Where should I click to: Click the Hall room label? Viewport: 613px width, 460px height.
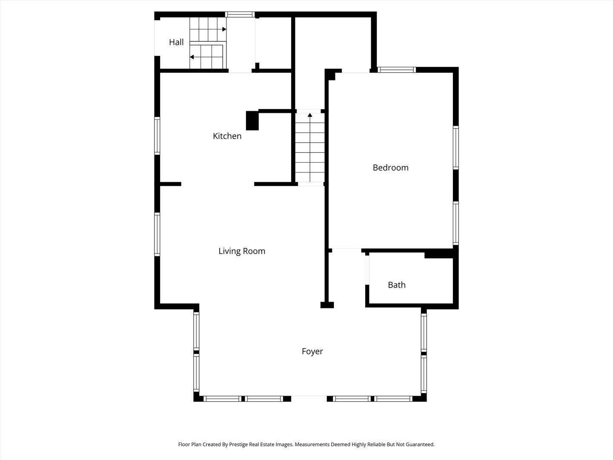coord(176,42)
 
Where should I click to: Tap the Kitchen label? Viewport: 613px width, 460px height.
coord(227,136)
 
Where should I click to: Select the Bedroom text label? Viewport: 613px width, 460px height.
coord(390,167)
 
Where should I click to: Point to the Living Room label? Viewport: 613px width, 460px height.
coord(242,251)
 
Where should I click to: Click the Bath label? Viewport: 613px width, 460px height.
coord(397,285)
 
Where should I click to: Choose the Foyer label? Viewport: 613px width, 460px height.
coord(312,351)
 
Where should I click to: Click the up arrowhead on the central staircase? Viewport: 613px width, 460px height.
coord(310,115)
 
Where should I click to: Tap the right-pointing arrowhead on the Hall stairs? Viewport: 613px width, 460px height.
coord(224,29)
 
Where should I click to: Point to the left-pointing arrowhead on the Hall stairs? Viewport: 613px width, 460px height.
coord(192,57)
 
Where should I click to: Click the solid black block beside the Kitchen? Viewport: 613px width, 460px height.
coord(252,121)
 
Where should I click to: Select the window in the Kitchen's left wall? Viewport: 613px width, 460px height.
coord(157,136)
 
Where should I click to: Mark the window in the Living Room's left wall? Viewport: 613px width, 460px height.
coord(157,234)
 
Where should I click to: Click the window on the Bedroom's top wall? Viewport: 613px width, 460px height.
coord(397,70)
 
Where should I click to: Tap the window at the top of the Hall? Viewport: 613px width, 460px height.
coord(240,14)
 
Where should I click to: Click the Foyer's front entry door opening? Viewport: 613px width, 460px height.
coord(309,399)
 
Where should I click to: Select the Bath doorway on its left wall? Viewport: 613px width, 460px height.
coord(367,270)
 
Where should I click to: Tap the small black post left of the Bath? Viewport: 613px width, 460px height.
coord(327,305)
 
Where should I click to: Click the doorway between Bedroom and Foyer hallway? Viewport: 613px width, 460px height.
coord(347,250)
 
